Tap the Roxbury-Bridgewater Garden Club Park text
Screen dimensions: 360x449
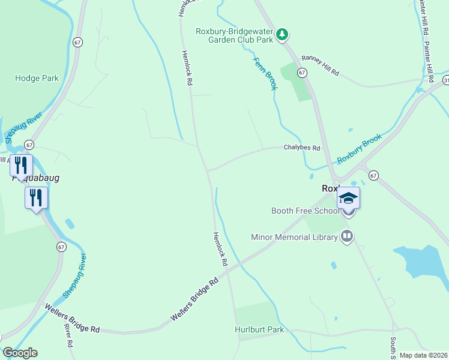[235, 35]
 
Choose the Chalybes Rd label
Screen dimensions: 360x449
[302, 148]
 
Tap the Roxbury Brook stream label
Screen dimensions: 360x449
[359, 149]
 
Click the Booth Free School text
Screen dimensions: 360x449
[305, 211]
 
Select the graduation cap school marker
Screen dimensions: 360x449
[348, 198]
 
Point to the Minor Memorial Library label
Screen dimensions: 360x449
[294, 237]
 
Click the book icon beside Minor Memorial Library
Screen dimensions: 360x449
[346, 237]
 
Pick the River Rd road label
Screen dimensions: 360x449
[68, 336]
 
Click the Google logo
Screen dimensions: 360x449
[20, 353]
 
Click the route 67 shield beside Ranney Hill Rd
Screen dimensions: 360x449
[302, 72]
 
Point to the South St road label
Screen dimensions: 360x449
[392, 346]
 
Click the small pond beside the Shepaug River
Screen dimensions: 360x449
[70, 224]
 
